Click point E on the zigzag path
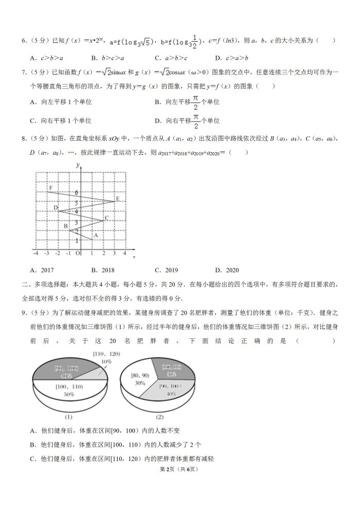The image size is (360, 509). [x=114, y=201]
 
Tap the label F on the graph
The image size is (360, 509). [x=51, y=188]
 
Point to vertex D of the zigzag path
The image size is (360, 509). [x=58, y=211]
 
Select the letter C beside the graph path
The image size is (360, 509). [x=106, y=218]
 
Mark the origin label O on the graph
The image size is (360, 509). [x=78, y=253]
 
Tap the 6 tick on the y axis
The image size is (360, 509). [x=77, y=193]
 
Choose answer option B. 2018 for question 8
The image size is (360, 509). [x=103, y=270]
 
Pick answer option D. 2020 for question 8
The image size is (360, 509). [x=226, y=270]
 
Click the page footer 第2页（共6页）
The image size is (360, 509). [x=179, y=469]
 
